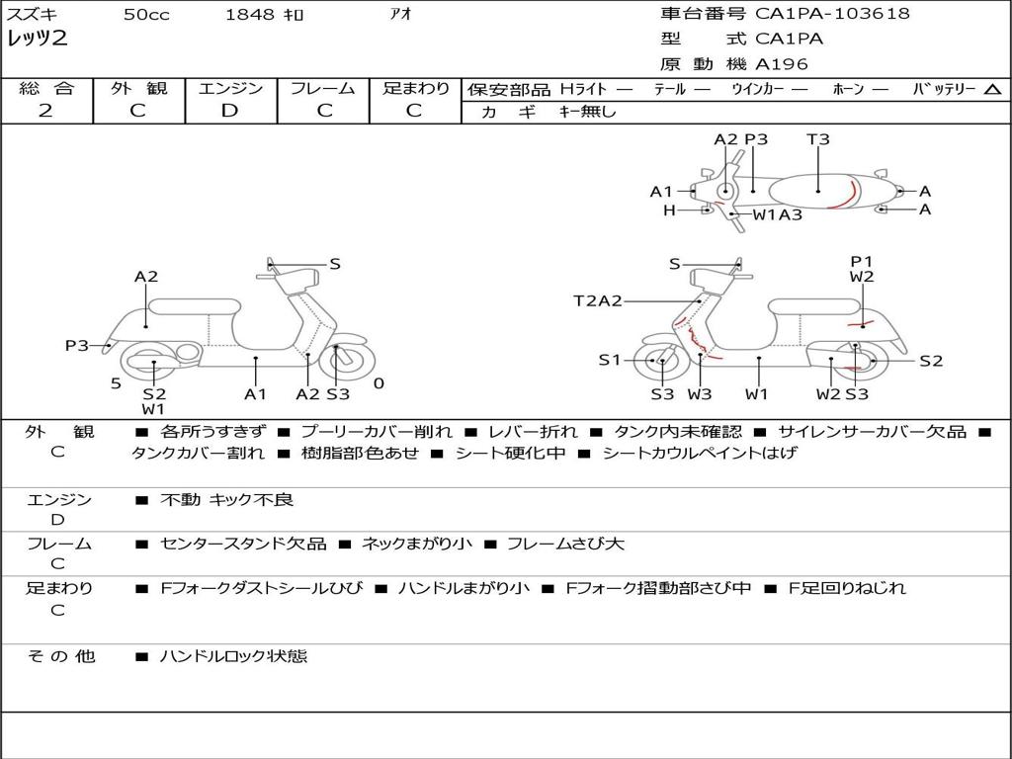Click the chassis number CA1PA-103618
pos(832,14)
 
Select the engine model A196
pos(782,64)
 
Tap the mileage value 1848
pos(249,15)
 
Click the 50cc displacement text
pos(146,15)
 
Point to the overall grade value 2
pos(45,111)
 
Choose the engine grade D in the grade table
pos(229,111)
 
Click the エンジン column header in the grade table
pos(230,89)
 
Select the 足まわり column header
pos(415,89)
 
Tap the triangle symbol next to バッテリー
pos(992,90)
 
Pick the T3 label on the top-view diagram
pos(817,139)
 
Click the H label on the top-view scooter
pos(669,210)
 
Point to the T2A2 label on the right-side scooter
pos(597,301)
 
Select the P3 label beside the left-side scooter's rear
pos(77,346)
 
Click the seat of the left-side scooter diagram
pos(195,306)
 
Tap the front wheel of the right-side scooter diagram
pos(661,362)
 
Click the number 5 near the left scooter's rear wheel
pos(116,383)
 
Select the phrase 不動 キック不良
pos(226,500)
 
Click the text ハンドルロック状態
pos(233,655)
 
